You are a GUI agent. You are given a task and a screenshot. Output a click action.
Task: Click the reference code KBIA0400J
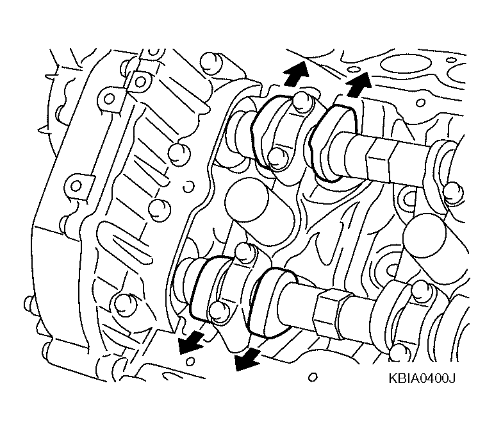(x=422, y=378)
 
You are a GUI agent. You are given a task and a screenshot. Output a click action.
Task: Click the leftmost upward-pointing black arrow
(x=295, y=74)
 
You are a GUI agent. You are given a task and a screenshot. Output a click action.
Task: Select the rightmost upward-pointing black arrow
(x=358, y=84)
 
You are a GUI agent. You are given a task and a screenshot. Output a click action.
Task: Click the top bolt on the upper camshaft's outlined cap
(x=302, y=101)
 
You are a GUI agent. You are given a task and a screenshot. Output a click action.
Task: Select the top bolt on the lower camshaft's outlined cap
(x=245, y=251)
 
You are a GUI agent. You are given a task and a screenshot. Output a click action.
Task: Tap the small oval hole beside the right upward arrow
(x=354, y=69)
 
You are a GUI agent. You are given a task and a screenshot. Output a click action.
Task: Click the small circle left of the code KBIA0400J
(x=313, y=377)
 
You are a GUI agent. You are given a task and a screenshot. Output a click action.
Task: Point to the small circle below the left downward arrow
(x=190, y=361)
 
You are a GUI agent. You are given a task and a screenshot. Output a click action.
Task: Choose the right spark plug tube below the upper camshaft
(x=425, y=235)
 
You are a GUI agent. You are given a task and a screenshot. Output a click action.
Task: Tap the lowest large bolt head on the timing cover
(x=125, y=305)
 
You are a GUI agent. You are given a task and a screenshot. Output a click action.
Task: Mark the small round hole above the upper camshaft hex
(x=420, y=103)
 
